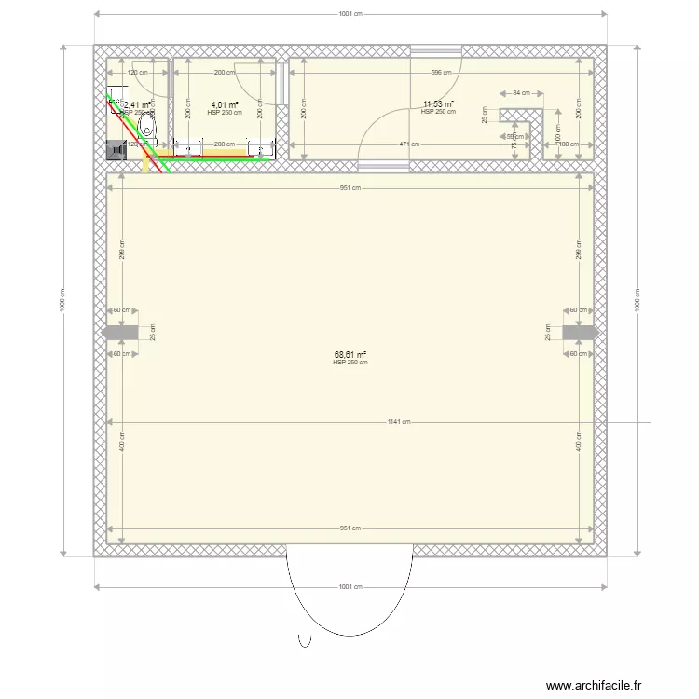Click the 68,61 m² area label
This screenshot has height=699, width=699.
click(x=349, y=354)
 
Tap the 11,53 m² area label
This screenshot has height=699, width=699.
click(x=438, y=104)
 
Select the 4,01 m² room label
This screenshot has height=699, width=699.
click(x=224, y=104)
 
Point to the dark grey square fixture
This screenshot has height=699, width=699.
click(x=117, y=148)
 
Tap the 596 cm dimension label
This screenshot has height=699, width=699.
click(x=441, y=73)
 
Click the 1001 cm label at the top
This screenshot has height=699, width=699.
click(x=349, y=14)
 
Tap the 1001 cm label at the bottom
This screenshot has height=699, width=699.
click(x=349, y=587)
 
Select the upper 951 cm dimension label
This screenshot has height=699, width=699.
click(x=349, y=187)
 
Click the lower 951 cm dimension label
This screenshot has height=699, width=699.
click(x=349, y=528)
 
